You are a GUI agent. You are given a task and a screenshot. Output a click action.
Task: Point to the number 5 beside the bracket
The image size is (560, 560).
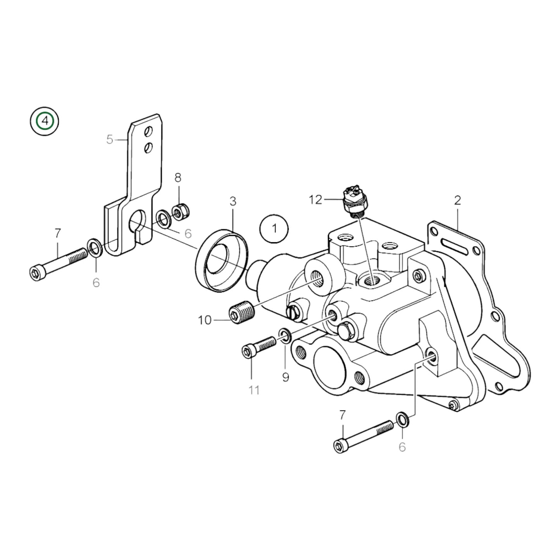(110, 140)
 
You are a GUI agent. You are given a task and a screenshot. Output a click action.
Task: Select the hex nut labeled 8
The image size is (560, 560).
(178, 213)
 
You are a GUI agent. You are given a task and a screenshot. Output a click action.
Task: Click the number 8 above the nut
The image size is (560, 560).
(178, 178)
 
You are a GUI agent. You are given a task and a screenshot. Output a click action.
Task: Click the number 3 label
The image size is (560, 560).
(233, 201)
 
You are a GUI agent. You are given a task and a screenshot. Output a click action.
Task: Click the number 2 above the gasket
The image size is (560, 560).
(458, 200)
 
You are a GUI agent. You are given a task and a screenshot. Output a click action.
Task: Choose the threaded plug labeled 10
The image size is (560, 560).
(241, 313)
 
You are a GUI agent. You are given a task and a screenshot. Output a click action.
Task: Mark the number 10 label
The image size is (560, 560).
(205, 320)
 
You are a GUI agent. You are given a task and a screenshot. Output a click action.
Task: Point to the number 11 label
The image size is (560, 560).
(254, 390)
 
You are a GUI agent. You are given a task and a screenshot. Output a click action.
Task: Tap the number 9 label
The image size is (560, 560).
(286, 377)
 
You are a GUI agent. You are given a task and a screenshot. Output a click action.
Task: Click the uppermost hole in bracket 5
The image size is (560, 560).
(148, 132)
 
